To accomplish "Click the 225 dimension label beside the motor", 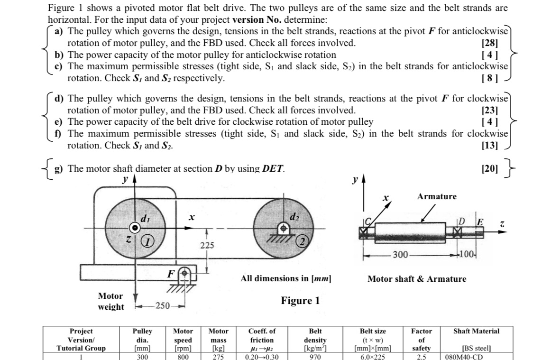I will [x=207, y=245].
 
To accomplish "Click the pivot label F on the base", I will [x=170, y=274].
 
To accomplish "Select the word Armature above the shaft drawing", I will [x=437, y=196].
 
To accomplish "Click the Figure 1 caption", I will [x=300, y=301].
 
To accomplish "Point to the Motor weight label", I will [x=110, y=301].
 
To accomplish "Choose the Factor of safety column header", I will [x=421, y=340].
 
